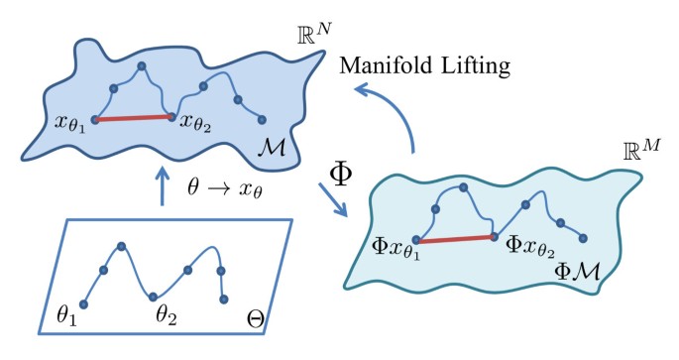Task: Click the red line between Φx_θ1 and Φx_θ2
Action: point(456,238)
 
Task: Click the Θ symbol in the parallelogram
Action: point(255,322)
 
